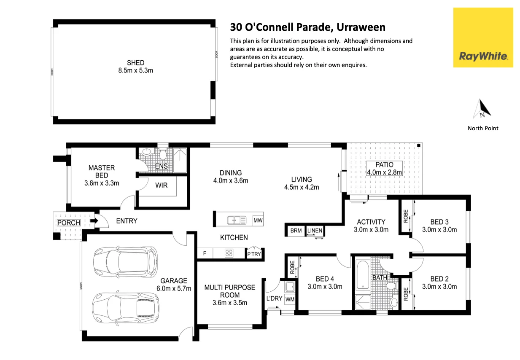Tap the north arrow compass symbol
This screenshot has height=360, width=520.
(482, 109)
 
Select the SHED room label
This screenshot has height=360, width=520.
(135, 63)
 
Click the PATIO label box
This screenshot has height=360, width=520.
(384, 168)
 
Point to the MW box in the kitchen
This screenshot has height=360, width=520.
(258, 220)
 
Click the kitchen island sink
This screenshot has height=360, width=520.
(237, 220)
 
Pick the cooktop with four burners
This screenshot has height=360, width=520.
(229, 253)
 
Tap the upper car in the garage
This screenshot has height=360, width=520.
(126, 262)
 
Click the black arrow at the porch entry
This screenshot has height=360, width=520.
(94, 220)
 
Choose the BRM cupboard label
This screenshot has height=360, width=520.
(296, 231)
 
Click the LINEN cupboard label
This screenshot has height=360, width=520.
(315, 231)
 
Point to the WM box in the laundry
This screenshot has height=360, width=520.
(290, 299)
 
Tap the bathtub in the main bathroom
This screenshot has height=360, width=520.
(363, 274)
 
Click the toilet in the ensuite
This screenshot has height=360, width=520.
(163, 155)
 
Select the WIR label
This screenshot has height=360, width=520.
(162, 185)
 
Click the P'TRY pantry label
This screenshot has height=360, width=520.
(254, 254)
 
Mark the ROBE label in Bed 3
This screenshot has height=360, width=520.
(406, 216)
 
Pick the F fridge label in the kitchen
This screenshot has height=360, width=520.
(205, 253)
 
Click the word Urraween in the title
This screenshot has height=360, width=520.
(361, 27)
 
